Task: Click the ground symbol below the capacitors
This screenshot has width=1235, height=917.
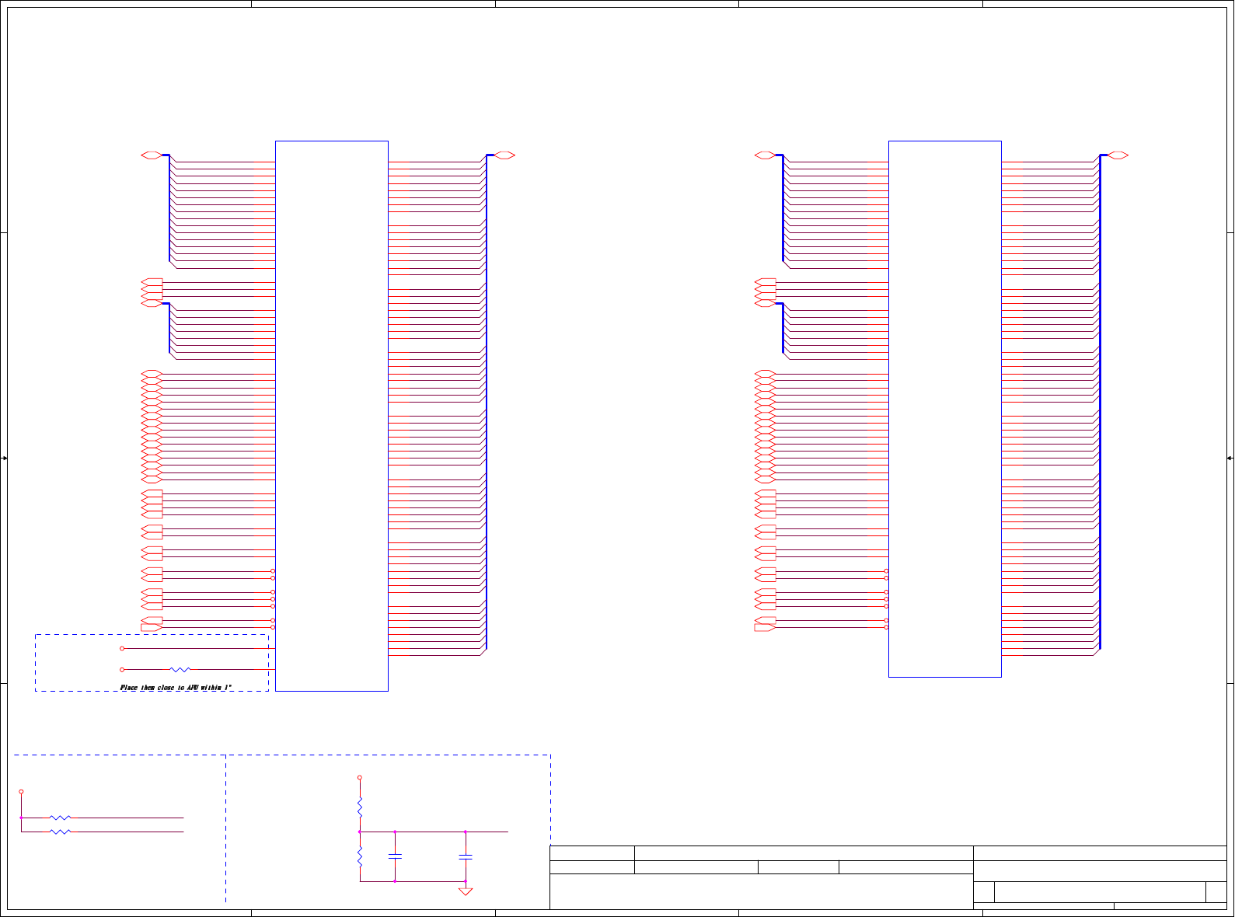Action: pos(466,891)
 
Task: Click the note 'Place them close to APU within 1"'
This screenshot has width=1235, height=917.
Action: pos(176,688)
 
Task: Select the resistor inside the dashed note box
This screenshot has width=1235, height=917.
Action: pos(180,669)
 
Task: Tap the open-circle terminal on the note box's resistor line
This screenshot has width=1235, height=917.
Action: pos(122,669)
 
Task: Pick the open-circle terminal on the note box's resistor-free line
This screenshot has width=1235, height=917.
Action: pos(122,648)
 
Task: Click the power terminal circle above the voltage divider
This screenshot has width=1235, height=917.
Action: pos(360,777)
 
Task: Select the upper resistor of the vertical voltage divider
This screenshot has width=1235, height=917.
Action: pos(360,807)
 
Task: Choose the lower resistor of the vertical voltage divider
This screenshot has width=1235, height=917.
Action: pos(360,856)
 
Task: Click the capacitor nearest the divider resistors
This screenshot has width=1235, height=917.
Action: pos(395,856)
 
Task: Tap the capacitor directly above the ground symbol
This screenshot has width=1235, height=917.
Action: pos(466,856)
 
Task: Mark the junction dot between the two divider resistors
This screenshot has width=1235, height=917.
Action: pos(360,832)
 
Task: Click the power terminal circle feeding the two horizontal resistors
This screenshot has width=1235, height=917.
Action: pos(21,792)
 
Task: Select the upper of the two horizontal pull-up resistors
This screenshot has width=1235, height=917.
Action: pos(60,818)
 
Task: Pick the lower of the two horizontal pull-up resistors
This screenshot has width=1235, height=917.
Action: pos(60,832)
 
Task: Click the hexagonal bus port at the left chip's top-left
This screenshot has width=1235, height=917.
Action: pos(152,155)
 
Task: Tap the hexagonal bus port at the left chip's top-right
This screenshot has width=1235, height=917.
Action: pos(504,155)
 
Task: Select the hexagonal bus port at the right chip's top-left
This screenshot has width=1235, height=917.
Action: pos(766,155)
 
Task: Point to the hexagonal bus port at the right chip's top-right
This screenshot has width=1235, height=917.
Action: pos(1118,155)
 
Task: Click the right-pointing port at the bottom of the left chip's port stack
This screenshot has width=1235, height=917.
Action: pos(152,627)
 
